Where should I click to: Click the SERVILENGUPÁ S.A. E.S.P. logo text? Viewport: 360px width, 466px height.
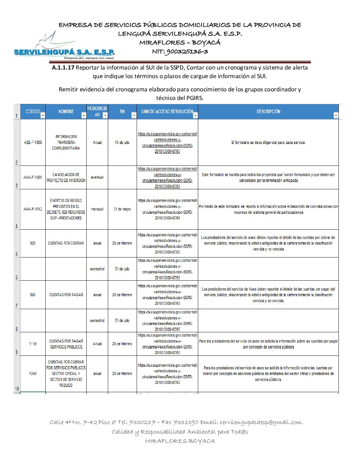[x=64, y=52]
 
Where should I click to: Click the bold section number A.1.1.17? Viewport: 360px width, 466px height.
[x=63, y=68]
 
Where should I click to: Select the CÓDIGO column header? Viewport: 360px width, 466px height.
[x=32, y=112]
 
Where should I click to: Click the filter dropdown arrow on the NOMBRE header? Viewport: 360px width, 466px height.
[x=84, y=116]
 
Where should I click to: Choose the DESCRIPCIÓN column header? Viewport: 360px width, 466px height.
[x=268, y=112]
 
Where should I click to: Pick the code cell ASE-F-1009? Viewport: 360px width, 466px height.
[x=33, y=143]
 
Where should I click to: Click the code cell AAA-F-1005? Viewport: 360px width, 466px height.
[x=33, y=177]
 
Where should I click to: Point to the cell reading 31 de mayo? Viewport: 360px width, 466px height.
[x=122, y=209]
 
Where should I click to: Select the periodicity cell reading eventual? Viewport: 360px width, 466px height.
[x=97, y=177]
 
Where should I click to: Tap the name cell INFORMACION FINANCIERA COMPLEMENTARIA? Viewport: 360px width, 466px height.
[x=66, y=142]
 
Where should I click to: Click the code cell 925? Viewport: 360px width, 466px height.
[x=33, y=243]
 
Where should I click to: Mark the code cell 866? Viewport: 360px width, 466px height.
[x=33, y=295]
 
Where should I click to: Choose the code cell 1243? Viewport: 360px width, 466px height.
[x=33, y=374]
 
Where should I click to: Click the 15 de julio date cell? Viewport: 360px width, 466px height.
[x=122, y=143]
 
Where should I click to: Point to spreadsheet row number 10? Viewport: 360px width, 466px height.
[x=17, y=389]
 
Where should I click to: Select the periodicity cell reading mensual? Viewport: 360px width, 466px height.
[x=97, y=209]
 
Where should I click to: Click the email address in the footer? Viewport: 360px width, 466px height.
[x=261, y=422]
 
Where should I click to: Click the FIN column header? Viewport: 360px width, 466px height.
[x=122, y=112]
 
